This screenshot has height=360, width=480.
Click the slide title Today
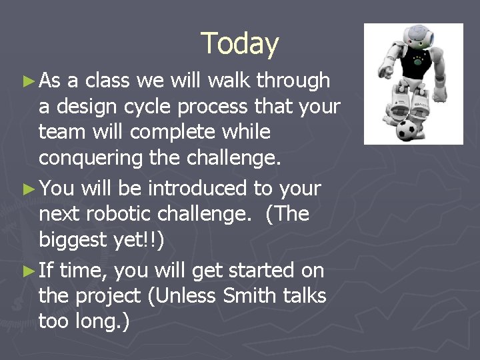point(239,44)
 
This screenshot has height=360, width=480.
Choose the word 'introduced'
point(197,189)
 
